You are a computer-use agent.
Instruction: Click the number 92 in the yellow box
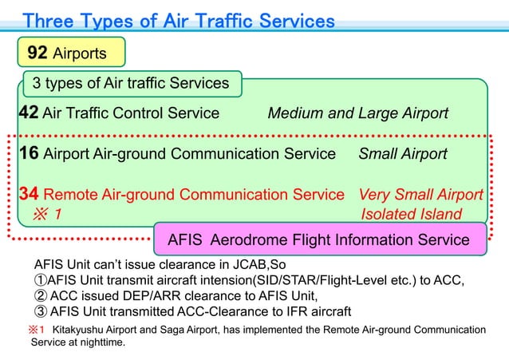37,53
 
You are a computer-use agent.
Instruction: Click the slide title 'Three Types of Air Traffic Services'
179,21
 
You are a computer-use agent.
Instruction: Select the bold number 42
29,113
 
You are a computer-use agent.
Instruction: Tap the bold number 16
29,152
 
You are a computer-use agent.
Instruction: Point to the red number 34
29,193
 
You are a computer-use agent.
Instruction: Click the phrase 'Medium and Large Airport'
357,113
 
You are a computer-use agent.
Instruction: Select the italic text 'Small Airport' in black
403,153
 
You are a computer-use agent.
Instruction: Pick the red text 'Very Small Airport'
420,194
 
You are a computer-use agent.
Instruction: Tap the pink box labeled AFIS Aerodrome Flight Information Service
318,239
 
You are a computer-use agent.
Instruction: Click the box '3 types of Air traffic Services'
131,83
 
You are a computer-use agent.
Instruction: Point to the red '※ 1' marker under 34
46,214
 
